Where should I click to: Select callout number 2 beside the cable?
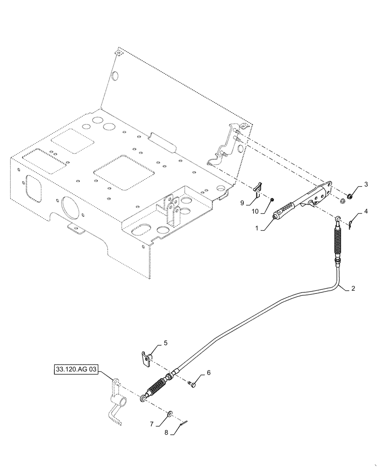pyautogui.click(x=353, y=289)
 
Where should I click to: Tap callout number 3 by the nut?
pyautogui.click(x=366, y=183)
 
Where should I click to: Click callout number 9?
pyautogui.click(x=242, y=203)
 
